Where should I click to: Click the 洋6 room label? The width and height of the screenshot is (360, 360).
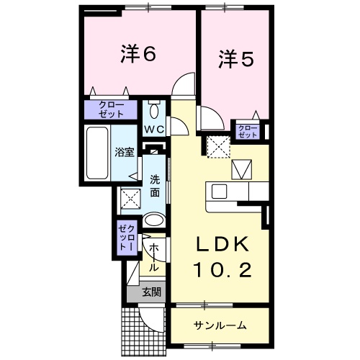pyautogui.click(x=138, y=54)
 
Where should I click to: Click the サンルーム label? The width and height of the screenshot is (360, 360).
pyautogui.click(x=220, y=325)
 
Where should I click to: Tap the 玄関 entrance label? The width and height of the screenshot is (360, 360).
pyautogui.click(x=150, y=292)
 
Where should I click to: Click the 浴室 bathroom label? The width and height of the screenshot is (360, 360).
pyautogui.click(x=125, y=152)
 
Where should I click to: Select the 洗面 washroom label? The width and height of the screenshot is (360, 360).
pyautogui.click(x=155, y=186)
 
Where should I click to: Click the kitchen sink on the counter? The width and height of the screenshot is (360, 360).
pyautogui.click(x=219, y=191)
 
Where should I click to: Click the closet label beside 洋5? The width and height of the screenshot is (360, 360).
pyautogui.click(x=248, y=130)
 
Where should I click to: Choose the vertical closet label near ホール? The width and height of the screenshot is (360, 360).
pyautogui.click(x=127, y=235)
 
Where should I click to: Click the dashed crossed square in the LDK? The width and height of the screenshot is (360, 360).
pyautogui.click(x=217, y=146)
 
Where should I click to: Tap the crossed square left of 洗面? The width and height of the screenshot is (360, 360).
pyautogui.click(x=130, y=197)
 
